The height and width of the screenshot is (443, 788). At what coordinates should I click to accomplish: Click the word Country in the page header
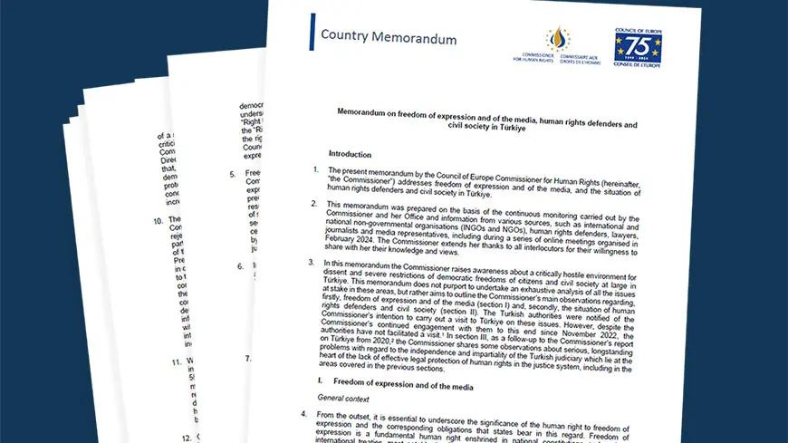[x=345, y=37]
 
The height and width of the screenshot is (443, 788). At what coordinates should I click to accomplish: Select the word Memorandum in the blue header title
[x=414, y=39]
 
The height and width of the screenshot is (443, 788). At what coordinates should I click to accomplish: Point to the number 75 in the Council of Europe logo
[x=638, y=45]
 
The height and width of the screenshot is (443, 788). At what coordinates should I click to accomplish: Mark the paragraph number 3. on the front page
[x=307, y=263]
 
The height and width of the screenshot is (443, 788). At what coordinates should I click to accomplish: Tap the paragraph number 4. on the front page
[x=303, y=414]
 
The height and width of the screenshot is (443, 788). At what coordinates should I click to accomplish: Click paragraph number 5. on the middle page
[x=233, y=173]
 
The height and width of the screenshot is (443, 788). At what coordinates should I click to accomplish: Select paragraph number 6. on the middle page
[x=240, y=266]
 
